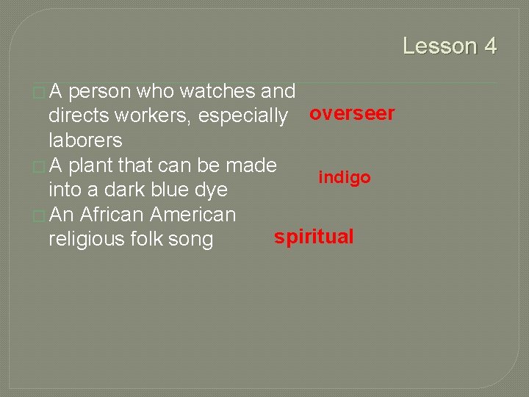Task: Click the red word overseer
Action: click(352, 114)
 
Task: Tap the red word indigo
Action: click(344, 177)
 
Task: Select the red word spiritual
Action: click(314, 237)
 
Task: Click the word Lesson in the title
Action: click(440, 46)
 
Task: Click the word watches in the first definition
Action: click(217, 92)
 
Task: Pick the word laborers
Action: click(85, 140)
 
